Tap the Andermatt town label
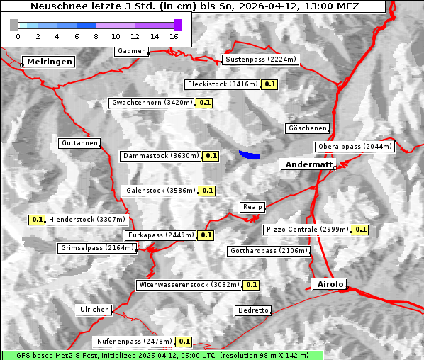pos(308,164)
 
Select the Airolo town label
pos(330,283)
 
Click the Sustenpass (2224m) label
pos(261,60)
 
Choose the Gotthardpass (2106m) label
pos(269,251)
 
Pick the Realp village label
pos(252,206)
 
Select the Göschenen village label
pos(308,128)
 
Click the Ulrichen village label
pos(94,310)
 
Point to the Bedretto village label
pos(253,310)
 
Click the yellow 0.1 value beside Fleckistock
pos(269,84)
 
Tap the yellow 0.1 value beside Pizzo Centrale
pos(360,230)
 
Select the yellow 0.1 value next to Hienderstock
pos(38,220)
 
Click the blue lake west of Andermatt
pos(249,154)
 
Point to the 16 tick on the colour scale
pos(174,35)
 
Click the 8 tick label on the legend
pos(96,35)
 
